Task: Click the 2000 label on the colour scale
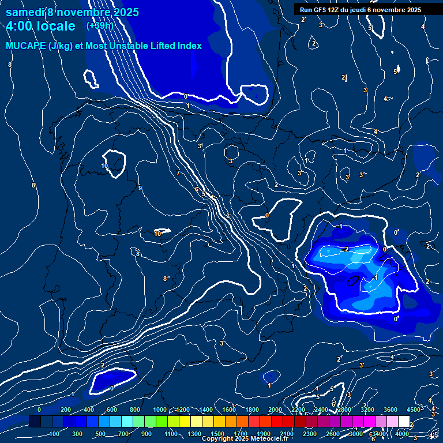(x=275, y=410)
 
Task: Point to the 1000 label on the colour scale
(x=160, y=410)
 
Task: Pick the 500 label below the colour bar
(x=100, y=434)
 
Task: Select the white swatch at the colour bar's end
(x=404, y=422)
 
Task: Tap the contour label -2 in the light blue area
(x=345, y=249)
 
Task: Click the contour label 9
(x=140, y=188)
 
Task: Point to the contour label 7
(x=178, y=174)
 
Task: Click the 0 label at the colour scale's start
(x=39, y=410)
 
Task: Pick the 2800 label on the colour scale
(x=344, y=410)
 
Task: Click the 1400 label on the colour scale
(x=206, y=410)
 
